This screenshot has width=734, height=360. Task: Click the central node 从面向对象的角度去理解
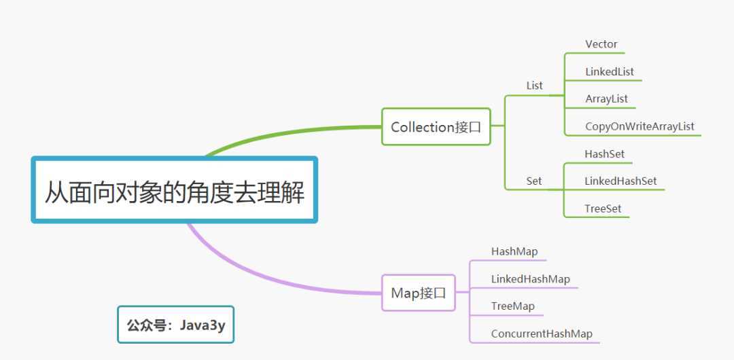[175, 190]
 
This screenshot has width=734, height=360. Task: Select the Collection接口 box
[436, 126]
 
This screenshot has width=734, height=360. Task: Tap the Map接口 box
[418, 293]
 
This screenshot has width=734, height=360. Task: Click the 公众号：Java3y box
[175, 325]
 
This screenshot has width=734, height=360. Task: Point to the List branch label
[534, 86]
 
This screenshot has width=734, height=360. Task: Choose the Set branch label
[534, 181]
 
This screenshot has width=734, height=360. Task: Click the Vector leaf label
[601, 45]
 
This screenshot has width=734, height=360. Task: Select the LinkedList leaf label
[609, 72]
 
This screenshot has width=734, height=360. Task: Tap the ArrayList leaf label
[606, 99]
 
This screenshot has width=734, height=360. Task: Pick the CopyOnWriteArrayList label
[640, 126]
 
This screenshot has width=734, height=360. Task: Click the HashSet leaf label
[604, 154]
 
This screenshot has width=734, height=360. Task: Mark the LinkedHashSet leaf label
[621, 181]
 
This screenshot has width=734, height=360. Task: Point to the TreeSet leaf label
[602, 209]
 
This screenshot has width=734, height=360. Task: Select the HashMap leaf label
[514, 251]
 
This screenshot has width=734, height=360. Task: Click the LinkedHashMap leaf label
[530, 279]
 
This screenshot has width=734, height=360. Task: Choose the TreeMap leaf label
[512, 306]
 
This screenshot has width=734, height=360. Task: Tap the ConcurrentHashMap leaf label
[541, 334]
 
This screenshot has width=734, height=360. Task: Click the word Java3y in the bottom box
[202, 325]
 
